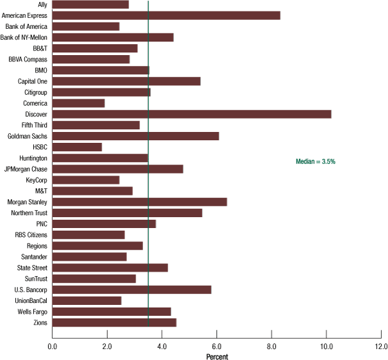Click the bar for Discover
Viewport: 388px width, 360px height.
[191, 114]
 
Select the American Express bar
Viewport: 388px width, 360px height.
[165, 15]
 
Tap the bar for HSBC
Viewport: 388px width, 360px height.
[76, 147]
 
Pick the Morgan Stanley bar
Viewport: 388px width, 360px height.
[139, 202]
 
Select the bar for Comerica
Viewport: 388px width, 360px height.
[78, 103]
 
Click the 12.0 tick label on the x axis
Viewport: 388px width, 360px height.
[381, 347]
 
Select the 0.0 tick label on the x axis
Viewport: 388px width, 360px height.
[52, 347]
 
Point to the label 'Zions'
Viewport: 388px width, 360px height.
[39, 322]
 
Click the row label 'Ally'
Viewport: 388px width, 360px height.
[42, 4]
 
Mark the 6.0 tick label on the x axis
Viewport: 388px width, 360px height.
[217, 347]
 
